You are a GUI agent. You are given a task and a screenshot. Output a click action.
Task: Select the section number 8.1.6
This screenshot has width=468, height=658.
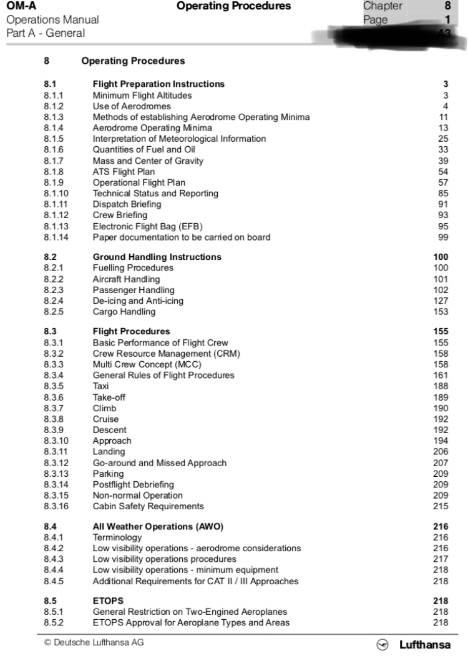point(54,149)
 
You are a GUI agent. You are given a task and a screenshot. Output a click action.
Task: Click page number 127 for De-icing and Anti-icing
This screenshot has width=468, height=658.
point(441,301)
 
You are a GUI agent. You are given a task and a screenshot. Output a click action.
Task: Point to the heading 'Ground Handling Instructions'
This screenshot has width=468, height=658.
point(157,257)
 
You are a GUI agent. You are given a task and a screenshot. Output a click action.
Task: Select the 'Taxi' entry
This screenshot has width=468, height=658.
point(100,386)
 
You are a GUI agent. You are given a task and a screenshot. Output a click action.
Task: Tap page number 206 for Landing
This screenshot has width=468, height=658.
point(441,451)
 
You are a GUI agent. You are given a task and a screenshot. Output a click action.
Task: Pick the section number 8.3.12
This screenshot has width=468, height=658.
point(57,462)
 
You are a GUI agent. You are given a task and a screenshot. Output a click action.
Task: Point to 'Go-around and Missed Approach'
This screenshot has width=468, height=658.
point(159,462)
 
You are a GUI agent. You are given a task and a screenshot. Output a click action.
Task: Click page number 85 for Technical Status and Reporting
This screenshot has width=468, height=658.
point(443,193)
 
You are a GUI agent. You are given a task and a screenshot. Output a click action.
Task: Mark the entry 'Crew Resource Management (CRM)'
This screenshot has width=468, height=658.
point(167,354)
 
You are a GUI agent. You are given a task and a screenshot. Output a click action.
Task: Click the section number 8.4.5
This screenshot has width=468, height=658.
point(54,581)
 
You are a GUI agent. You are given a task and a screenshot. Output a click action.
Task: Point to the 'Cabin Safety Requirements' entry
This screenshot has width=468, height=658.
point(148,506)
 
